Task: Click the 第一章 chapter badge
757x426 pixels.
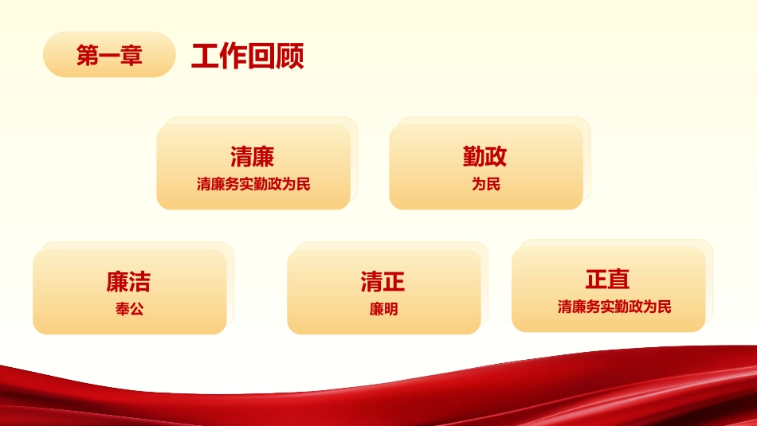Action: click(x=109, y=55)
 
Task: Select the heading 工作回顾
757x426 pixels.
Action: click(x=247, y=57)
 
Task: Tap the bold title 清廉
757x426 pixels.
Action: click(x=253, y=156)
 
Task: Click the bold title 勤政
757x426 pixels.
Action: click(x=485, y=156)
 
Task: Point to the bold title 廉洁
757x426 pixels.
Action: click(x=128, y=282)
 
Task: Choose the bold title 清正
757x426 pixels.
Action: click(x=383, y=282)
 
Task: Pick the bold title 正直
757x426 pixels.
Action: click(x=608, y=279)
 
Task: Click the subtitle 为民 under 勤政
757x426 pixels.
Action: click(x=485, y=185)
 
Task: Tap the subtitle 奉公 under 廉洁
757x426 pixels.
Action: click(x=129, y=309)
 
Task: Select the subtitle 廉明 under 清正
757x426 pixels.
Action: click(x=383, y=309)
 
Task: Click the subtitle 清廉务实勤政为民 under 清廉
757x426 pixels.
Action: click(x=253, y=185)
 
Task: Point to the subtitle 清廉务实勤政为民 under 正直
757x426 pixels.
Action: click(x=614, y=307)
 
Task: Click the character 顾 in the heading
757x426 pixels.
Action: click(x=290, y=57)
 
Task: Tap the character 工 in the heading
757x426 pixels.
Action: click(x=206, y=57)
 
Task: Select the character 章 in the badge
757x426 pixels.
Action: click(x=131, y=56)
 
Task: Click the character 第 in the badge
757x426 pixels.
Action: click(x=88, y=56)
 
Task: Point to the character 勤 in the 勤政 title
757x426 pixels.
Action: click(x=474, y=156)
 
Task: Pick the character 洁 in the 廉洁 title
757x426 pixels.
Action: click(x=139, y=282)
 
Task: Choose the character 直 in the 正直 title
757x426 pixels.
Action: click(x=619, y=279)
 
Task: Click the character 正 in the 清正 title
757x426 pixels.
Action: click(x=394, y=282)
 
